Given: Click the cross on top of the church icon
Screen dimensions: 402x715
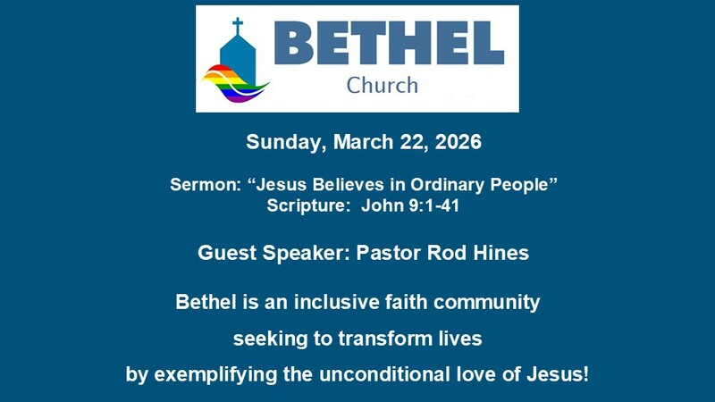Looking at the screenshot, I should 237,25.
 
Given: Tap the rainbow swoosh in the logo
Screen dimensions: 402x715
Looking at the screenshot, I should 234,81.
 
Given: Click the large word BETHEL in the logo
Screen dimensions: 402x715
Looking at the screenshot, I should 389,44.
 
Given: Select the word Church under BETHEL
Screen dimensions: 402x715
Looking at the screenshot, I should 382,86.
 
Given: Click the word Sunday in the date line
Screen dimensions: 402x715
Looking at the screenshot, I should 281,142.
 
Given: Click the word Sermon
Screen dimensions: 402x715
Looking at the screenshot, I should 203,186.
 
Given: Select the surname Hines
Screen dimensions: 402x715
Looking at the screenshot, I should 500,253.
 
